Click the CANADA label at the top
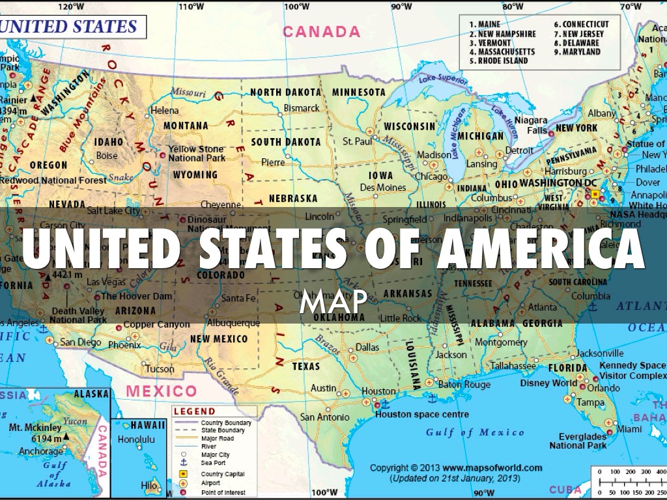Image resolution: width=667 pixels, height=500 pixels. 321,31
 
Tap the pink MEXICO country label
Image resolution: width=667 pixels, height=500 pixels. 162,391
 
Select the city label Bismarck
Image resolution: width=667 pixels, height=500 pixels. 302,108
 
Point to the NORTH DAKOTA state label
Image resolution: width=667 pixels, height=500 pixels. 285,92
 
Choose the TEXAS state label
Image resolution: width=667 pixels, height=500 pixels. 306,367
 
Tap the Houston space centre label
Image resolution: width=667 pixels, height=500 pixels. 422,414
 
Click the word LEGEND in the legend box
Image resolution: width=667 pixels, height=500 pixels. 194,411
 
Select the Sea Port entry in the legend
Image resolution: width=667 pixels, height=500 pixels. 215,464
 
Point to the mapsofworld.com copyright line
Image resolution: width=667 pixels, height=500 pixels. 456,467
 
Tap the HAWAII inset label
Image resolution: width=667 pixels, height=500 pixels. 148,425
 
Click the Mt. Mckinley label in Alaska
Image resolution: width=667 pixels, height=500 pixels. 35,428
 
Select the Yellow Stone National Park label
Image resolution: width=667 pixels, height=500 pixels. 197,154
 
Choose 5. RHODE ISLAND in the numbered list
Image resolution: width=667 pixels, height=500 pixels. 498,61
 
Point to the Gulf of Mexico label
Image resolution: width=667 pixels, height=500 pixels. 475,432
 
